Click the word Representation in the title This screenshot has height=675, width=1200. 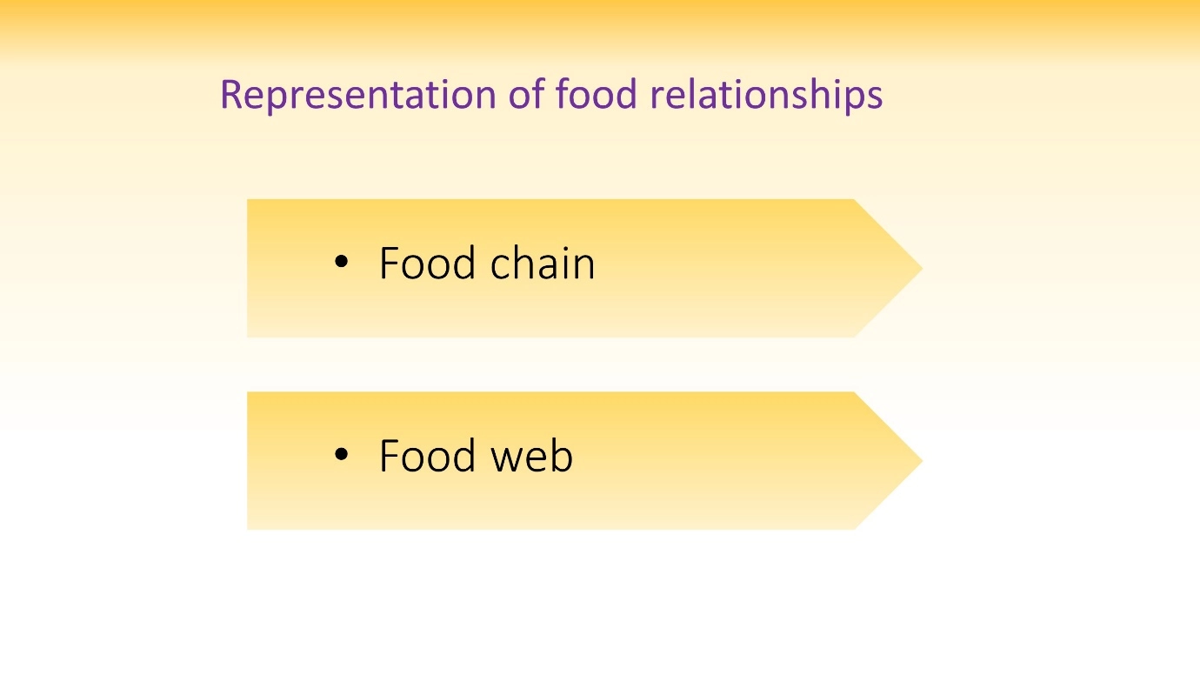[358, 95]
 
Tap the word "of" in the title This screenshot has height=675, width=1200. [527, 93]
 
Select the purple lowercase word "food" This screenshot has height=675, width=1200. [597, 93]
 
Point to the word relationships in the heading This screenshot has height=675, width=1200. [766, 95]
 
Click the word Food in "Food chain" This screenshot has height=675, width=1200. [427, 263]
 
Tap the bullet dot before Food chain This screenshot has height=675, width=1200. [341, 262]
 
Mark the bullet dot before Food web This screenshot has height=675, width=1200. [341, 454]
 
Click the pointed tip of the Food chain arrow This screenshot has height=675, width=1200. [922, 268]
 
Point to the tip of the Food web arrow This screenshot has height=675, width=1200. [922, 461]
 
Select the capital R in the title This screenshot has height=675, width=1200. [232, 95]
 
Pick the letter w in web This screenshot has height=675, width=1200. [508, 459]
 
